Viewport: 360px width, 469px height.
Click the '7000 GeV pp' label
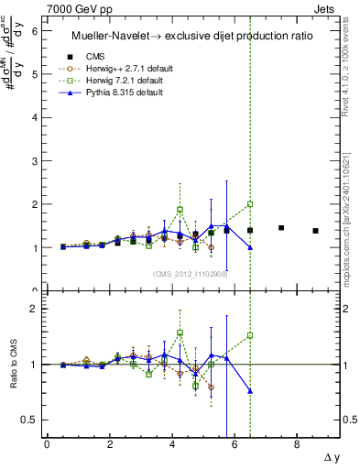(x=78, y=8)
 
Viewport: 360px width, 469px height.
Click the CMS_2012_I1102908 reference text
(x=191, y=273)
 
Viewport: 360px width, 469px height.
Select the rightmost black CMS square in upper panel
(x=315, y=231)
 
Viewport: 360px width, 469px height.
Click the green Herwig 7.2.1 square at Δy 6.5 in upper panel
(x=250, y=204)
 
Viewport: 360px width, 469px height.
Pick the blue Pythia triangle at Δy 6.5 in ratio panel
(x=250, y=391)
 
